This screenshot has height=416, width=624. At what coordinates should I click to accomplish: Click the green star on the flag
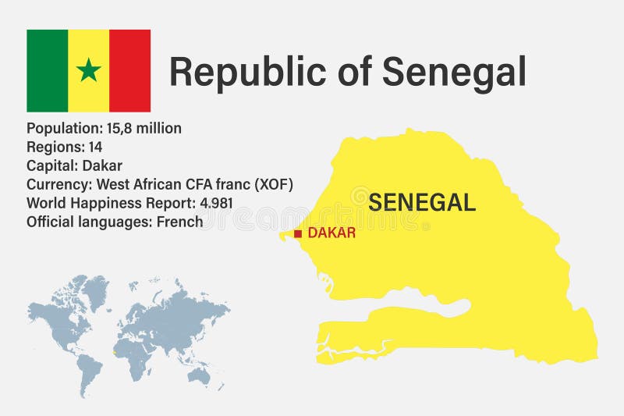(x=88, y=70)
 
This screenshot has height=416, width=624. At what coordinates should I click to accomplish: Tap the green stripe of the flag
(x=47, y=70)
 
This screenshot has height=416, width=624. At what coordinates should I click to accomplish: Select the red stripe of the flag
(x=129, y=70)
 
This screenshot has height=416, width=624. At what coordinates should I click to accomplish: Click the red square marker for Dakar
(x=297, y=233)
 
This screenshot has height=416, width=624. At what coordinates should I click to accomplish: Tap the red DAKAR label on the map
(x=331, y=233)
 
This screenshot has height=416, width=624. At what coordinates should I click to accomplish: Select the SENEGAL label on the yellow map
(x=422, y=202)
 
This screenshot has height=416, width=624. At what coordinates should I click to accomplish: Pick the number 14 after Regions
(x=94, y=147)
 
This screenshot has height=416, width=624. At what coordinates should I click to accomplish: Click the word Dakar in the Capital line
(x=102, y=165)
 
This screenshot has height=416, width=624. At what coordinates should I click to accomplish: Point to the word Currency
(x=58, y=184)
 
